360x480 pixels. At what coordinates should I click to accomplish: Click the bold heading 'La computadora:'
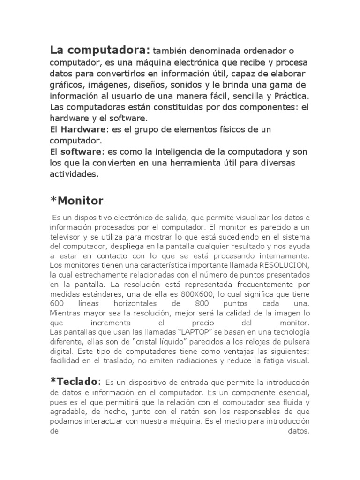tap(100, 50)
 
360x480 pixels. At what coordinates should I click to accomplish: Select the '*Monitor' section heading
tap(77, 201)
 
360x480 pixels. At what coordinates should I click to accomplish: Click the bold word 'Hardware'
tap(82, 129)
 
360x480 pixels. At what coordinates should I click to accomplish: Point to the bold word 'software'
tap(81, 151)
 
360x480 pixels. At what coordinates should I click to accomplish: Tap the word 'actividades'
tap(74, 174)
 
